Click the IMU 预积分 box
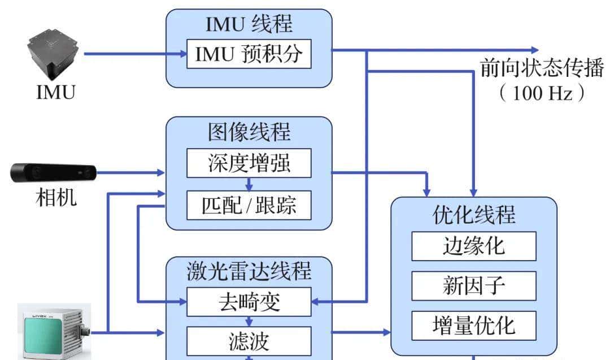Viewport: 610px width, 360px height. coord(249,54)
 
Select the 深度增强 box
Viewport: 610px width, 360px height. coord(249,164)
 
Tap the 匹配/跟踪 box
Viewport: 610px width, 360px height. coord(249,206)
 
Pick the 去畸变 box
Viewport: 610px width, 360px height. coord(249,302)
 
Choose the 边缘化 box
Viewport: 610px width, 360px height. coord(473,246)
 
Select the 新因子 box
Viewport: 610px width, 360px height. coord(473,285)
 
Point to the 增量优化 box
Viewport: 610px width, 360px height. coord(473,325)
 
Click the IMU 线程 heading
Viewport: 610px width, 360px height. coord(249,24)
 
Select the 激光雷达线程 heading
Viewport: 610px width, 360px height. coord(249,271)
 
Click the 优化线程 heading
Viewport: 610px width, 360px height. coord(473,215)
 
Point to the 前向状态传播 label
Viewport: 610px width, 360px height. coord(542,69)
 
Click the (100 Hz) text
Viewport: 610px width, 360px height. coord(542,93)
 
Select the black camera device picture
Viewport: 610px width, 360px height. coord(54,172)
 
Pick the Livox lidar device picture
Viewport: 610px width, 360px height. coord(54,333)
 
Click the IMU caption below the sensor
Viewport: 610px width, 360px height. coord(55,92)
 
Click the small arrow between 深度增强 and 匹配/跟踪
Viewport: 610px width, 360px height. coord(249,185)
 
